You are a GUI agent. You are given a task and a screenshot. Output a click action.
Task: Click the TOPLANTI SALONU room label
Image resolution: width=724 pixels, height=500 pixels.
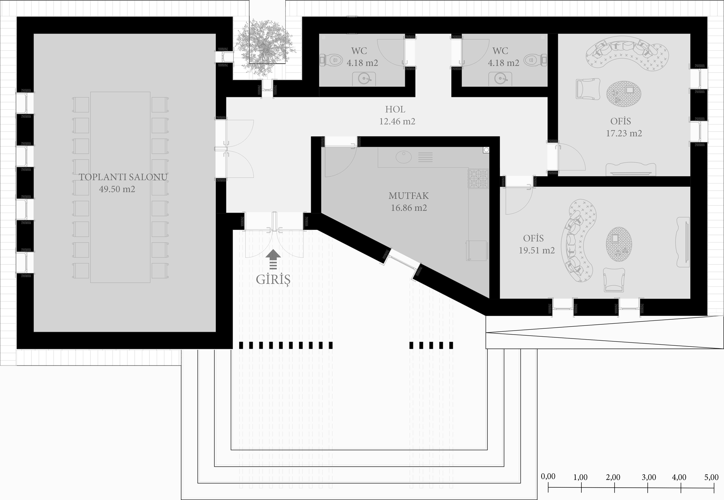click(x=123, y=177)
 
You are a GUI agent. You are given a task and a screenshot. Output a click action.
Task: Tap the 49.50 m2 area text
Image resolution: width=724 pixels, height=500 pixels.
click(x=117, y=189)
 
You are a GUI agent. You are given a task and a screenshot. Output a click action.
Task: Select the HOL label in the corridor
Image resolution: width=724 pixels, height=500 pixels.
click(x=395, y=109)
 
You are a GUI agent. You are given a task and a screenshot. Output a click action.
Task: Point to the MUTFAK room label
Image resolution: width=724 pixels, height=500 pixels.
click(x=409, y=196)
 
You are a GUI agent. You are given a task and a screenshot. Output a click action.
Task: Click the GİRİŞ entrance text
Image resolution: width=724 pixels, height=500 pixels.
click(x=273, y=280)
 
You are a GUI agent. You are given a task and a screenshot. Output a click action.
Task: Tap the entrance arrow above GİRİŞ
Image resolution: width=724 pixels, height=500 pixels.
click(x=273, y=259)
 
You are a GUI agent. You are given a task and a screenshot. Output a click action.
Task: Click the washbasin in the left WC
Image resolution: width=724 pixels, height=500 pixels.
click(x=364, y=79)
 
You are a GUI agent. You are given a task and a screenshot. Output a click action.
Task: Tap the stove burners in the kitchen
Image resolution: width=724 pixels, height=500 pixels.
click(x=479, y=179)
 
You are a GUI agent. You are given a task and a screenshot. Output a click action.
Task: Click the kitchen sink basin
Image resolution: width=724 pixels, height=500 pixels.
click(x=403, y=157)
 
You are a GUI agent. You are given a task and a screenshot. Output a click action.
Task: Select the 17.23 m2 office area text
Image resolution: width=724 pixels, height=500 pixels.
click(x=624, y=133)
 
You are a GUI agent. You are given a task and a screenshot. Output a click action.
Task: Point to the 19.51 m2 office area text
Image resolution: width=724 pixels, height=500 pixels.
click(x=536, y=251)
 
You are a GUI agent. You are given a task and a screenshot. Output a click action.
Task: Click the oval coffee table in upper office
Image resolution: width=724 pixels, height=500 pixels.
click(x=624, y=94)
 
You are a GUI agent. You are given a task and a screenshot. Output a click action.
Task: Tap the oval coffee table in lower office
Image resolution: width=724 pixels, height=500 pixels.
click(x=619, y=244)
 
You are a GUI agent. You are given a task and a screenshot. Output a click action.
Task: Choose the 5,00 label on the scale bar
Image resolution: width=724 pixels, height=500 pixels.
click(x=711, y=477)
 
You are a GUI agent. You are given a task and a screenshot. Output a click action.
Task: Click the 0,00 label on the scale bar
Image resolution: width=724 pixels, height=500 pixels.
click(x=548, y=476)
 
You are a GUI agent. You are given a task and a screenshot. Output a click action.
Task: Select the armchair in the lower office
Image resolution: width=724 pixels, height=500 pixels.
click(x=614, y=280)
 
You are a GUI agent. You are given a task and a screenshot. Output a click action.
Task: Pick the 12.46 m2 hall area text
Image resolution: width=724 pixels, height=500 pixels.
click(x=397, y=121)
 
